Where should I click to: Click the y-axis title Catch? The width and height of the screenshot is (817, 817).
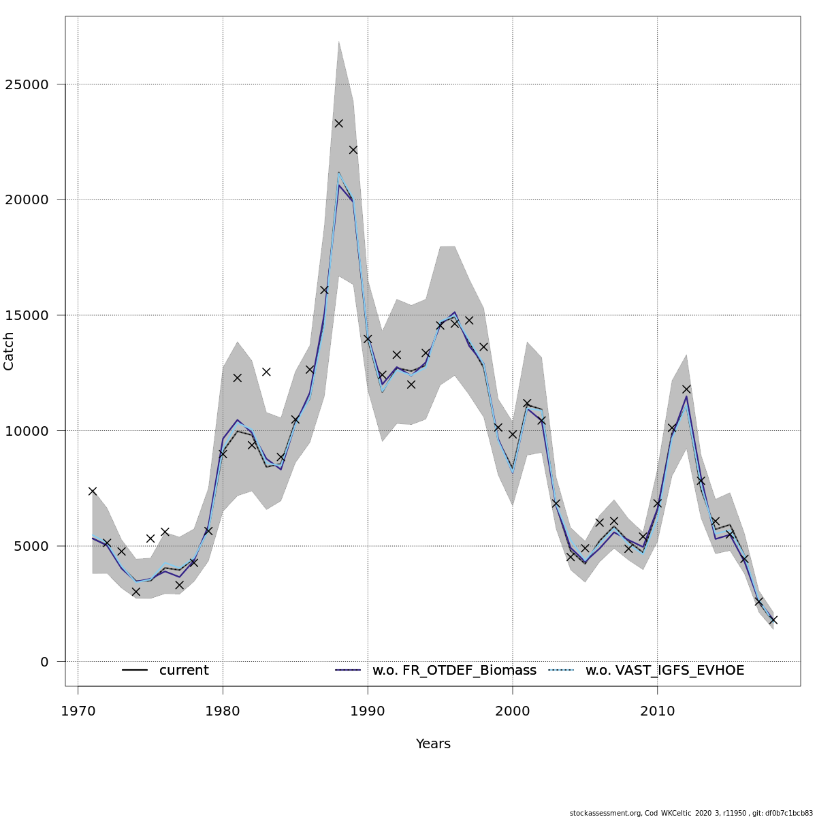click(x=9, y=351)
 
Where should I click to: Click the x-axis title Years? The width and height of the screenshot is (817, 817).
click(x=433, y=744)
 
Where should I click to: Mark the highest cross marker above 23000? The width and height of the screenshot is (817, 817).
click(x=338, y=123)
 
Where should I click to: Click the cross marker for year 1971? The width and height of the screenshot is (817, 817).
click(x=93, y=491)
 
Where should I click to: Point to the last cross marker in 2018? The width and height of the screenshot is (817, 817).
click(x=773, y=620)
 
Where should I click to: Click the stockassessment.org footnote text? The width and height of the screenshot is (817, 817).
click(x=691, y=813)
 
